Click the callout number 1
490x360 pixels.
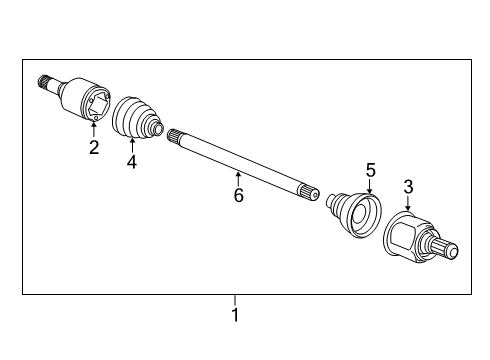pos(235,316)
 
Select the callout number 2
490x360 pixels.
pos(94,149)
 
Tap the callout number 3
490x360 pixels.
pos(408,186)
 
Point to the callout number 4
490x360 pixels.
pos(131,163)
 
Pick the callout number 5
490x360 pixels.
pos(370,171)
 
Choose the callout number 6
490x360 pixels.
pos(238,195)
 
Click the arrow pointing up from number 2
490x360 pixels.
pos(94,130)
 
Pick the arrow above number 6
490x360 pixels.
pos(238,177)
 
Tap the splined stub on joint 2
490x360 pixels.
pos(44,83)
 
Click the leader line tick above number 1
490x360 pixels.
pos(235,300)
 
